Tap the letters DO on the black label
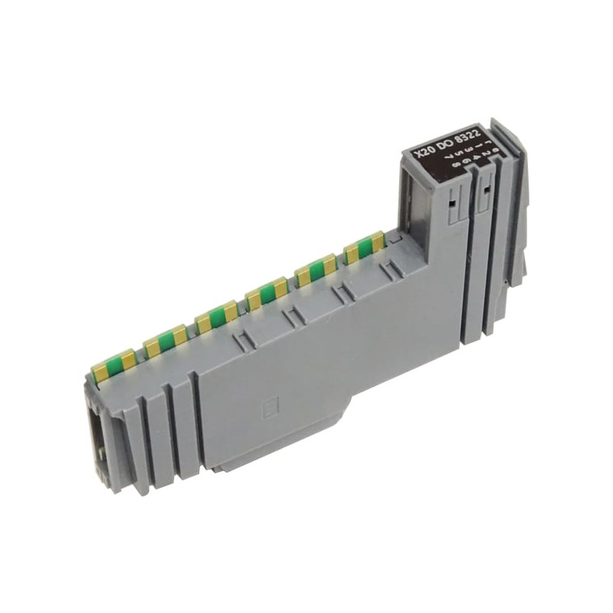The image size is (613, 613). click(x=445, y=144)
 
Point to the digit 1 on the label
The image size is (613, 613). click(x=479, y=146)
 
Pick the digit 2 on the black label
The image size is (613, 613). click(x=486, y=152)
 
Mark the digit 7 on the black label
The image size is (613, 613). click(x=449, y=156)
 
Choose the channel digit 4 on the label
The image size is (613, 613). click(x=475, y=156)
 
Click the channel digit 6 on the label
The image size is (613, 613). click(x=466, y=160)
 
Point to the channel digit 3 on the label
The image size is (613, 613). click(x=468, y=149)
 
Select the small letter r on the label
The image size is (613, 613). click(x=489, y=143)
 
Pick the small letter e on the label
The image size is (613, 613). click(x=496, y=150)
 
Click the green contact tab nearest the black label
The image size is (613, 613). click(x=366, y=247)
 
